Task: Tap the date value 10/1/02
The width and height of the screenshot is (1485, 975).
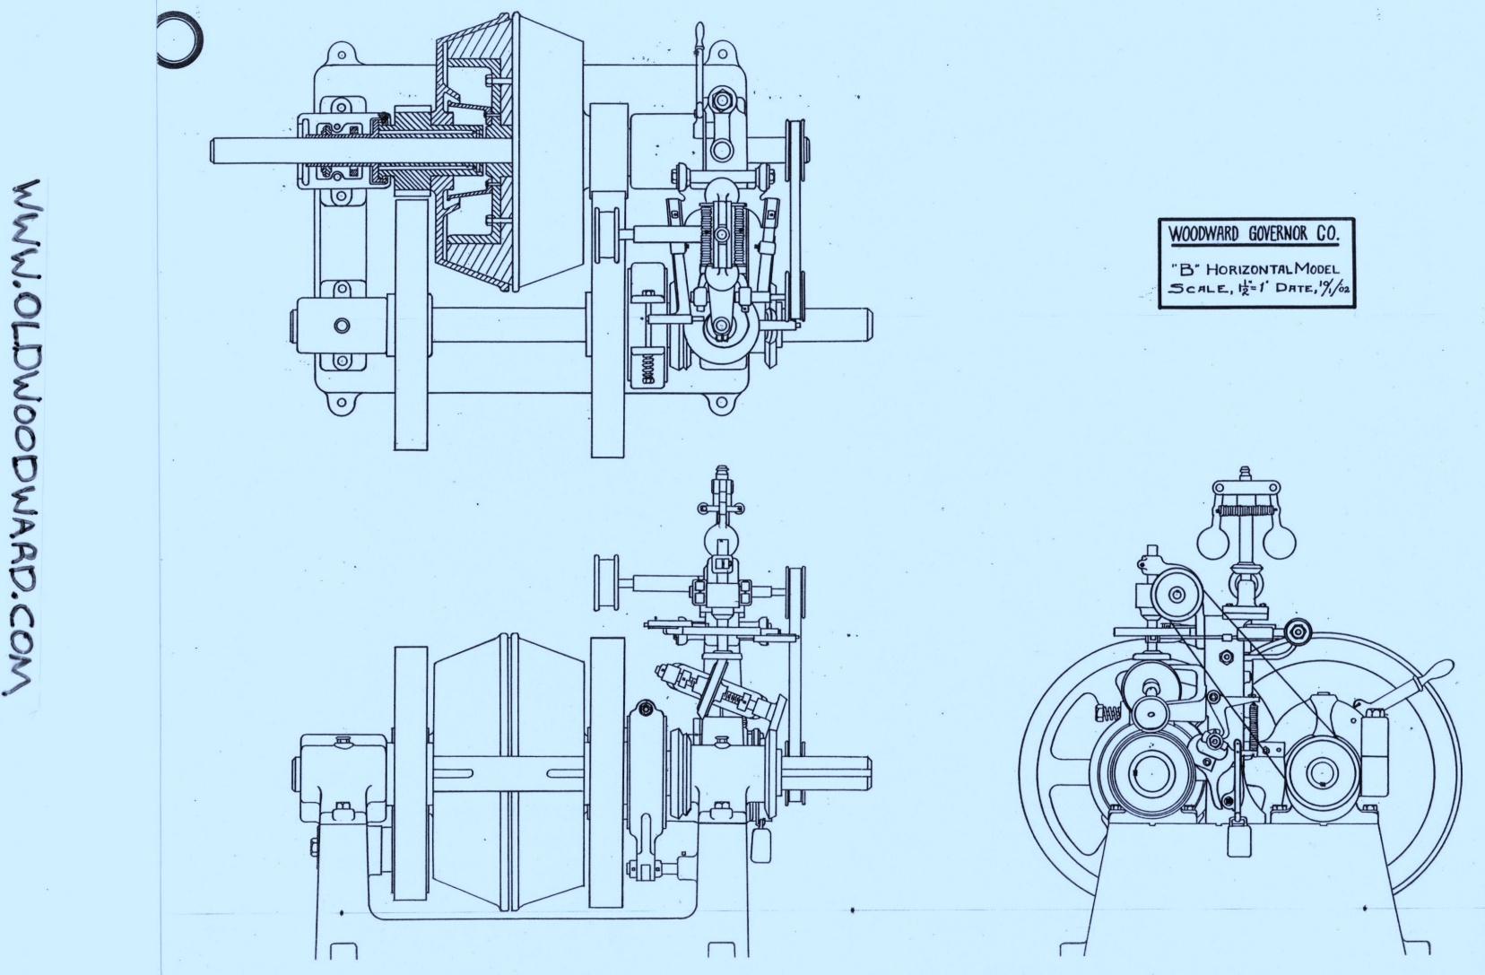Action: pyautogui.click(x=1333, y=288)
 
